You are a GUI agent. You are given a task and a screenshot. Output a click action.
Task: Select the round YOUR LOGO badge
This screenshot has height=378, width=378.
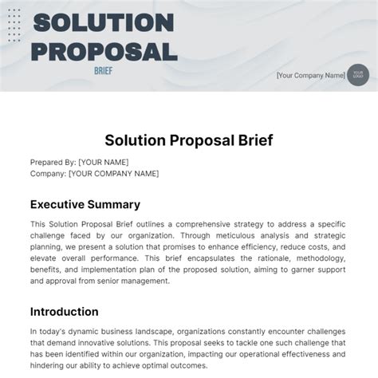pos(357,75)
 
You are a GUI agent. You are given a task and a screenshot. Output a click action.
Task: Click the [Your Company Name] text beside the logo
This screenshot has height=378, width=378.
pos(309,76)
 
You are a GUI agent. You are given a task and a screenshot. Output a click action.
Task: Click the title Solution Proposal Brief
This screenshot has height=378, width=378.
pos(189,141)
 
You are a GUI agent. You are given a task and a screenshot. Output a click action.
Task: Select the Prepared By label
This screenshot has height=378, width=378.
pos(53,161)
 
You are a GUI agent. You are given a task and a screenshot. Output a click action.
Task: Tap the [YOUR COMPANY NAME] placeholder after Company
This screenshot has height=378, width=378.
pos(113,173)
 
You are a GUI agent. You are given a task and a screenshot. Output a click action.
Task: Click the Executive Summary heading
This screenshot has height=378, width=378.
pos(85,204)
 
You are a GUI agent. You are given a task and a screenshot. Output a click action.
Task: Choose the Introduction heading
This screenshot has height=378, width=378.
pos(64,311)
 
